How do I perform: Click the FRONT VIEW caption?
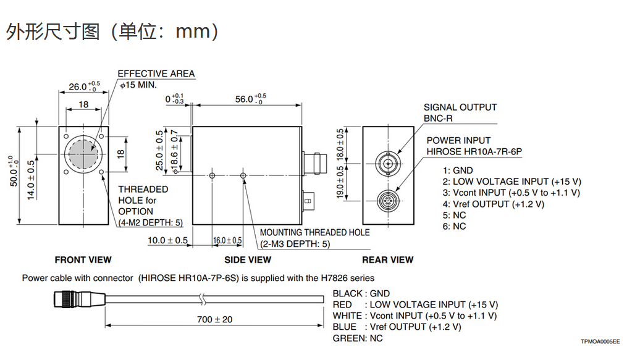point(83,260)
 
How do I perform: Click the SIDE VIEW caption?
point(248,260)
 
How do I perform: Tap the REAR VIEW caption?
point(388,260)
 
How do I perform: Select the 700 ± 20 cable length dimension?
point(215,319)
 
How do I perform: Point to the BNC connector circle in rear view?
point(387,163)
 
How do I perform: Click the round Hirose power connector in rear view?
point(388,199)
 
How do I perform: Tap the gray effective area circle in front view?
point(83,153)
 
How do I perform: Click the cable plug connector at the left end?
point(80,299)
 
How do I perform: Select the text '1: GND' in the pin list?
point(458,170)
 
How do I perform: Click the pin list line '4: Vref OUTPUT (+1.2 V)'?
point(494,204)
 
